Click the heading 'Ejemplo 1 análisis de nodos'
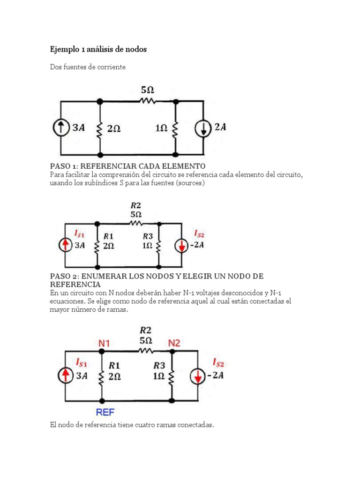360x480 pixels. [x=98, y=49]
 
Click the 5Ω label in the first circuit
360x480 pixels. [x=148, y=89]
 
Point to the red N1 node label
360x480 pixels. [x=104, y=344]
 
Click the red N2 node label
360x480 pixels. [x=174, y=344]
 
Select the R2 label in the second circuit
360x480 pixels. [x=135, y=205]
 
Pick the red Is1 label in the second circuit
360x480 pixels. [x=80, y=233]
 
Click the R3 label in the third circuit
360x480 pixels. [x=159, y=365]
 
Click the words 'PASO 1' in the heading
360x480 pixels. [x=63, y=166]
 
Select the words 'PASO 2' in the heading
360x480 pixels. [x=63, y=276]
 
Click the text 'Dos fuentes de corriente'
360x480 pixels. [x=88, y=67]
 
